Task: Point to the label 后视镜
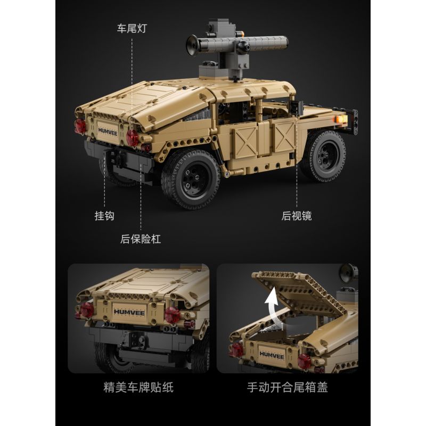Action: tap(297, 216)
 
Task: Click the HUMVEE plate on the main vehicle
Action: tap(107, 130)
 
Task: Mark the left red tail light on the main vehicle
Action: tap(80, 126)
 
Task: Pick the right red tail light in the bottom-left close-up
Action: tap(173, 315)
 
